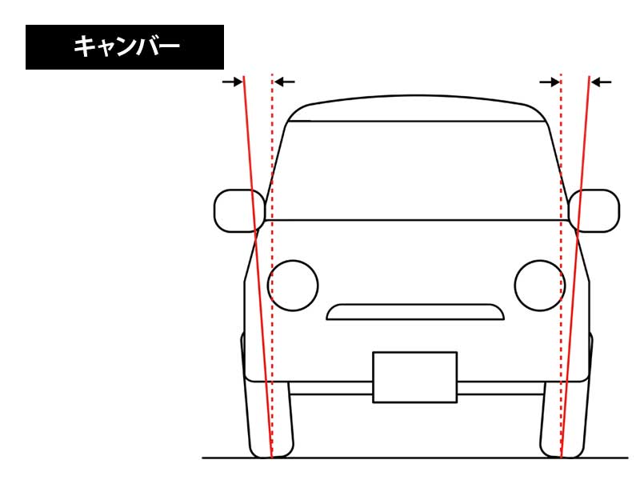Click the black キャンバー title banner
click(x=125, y=47)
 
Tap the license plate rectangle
click(x=414, y=377)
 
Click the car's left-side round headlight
click(x=293, y=286)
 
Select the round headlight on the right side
click(x=540, y=286)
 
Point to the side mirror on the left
click(x=239, y=210)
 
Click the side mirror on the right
click(x=594, y=210)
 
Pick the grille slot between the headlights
click(x=415, y=312)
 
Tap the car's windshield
click(x=416, y=170)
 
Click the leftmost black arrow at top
click(x=233, y=82)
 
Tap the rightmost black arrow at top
click(x=602, y=82)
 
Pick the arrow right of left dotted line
click(x=285, y=82)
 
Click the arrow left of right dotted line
click(x=550, y=82)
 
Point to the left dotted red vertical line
click(x=272, y=266)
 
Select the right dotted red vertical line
click(x=562, y=266)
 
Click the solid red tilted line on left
click(x=258, y=266)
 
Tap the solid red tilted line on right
click(x=575, y=266)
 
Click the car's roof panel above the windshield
click(x=416, y=109)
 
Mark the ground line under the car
click(x=415, y=458)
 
